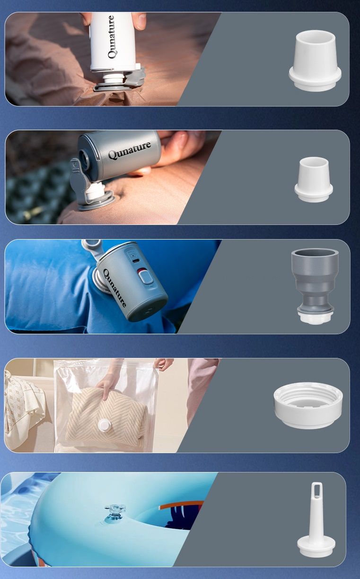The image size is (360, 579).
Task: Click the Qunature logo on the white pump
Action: [112, 37]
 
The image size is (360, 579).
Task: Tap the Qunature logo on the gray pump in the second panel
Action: [130, 151]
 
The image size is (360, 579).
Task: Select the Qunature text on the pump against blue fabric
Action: [114, 288]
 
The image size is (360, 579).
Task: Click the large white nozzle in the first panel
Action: [315, 61]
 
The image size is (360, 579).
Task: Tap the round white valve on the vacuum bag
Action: [104, 425]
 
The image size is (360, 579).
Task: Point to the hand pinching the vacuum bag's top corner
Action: [163, 364]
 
